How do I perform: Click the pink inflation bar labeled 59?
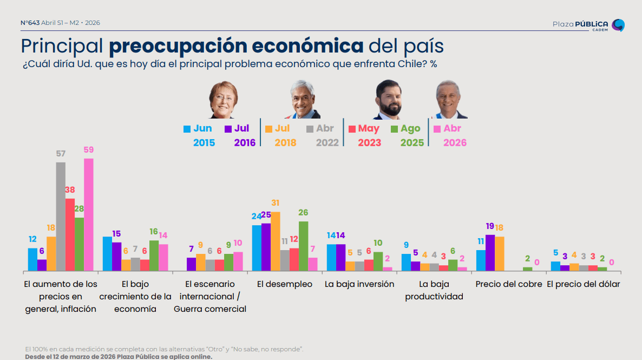[88, 214]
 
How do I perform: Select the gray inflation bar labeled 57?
[61, 217]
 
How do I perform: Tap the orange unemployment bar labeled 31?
[275, 241]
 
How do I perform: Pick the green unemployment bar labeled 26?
[303, 246]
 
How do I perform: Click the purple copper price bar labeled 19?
[490, 252]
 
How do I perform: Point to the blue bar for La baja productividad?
[406, 262]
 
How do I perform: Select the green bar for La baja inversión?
[378, 261]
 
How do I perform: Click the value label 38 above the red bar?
[70, 190]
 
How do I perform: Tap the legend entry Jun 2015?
[199, 135]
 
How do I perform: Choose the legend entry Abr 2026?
[449, 135]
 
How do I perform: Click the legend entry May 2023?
[364, 135]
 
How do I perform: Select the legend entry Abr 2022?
[323, 135]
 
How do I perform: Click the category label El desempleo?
[285, 284]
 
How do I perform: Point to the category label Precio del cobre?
[508, 284]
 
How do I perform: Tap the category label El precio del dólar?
[583, 284]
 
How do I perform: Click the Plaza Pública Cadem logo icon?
[618, 25]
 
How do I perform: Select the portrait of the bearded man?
[388, 100]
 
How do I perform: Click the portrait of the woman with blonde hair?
[224, 100]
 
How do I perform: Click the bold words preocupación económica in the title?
[236, 46]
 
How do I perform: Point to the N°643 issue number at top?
[30, 23]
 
